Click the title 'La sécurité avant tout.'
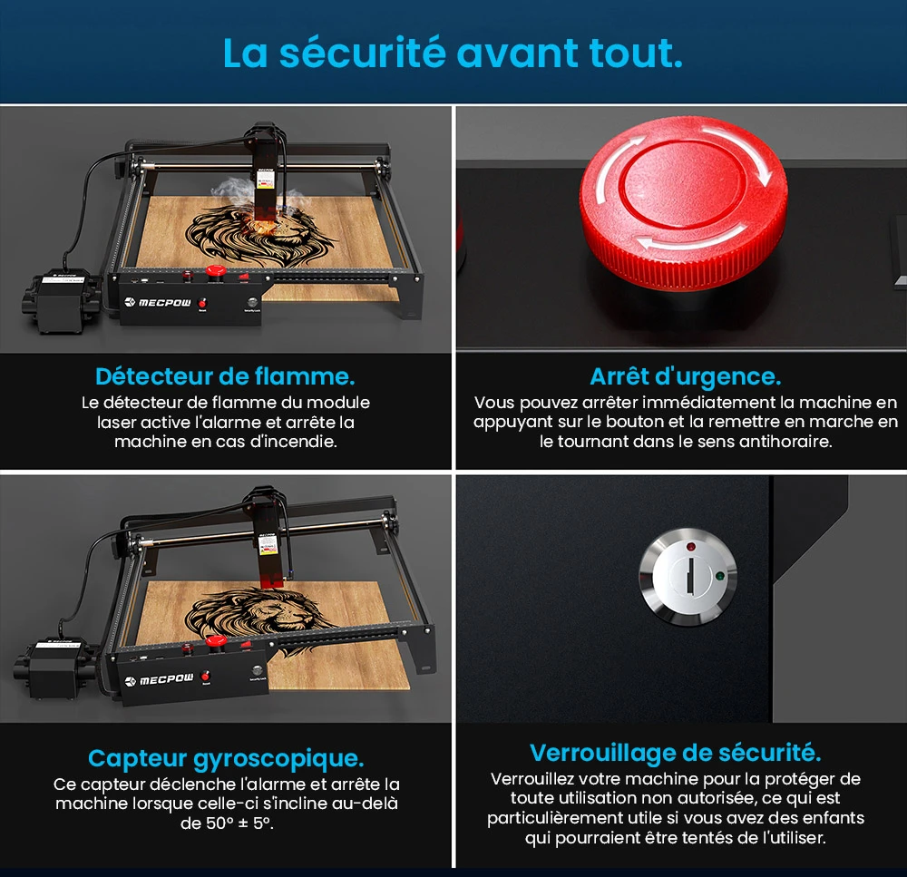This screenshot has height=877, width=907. click(453, 53)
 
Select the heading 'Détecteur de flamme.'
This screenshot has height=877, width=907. click(225, 375)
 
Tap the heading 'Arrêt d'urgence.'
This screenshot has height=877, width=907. click(685, 375)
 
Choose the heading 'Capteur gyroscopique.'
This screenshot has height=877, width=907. click(226, 758)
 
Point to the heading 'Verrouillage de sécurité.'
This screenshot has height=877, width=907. click(676, 753)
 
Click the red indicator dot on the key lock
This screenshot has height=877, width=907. click(692, 547)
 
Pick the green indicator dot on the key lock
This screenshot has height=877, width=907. click(719, 574)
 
